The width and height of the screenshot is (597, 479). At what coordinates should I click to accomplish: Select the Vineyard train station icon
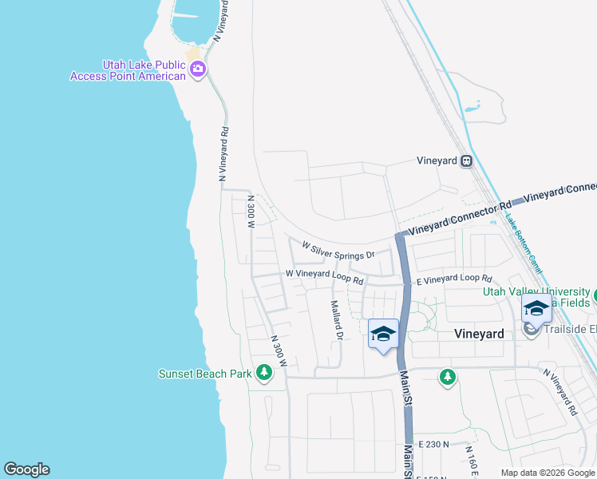tap(467, 160)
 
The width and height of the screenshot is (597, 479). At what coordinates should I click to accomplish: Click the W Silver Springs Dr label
tap(338, 250)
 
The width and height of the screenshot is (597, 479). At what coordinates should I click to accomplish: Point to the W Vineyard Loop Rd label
tap(325, 277)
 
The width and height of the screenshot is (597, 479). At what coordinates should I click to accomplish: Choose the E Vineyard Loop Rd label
tap(453, 279)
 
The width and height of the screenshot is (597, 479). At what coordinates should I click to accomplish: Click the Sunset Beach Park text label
tap(205, 374)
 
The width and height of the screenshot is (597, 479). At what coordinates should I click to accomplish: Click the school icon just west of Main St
tap(384, 334)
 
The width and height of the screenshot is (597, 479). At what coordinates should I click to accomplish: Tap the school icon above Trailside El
tap(536, 310)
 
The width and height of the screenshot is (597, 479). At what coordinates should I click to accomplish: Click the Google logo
tap(26, 469)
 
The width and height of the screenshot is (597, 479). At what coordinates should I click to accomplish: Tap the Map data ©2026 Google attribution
tap(548, 473)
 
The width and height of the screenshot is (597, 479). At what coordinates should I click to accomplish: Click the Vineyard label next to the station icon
tap(437, 160)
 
